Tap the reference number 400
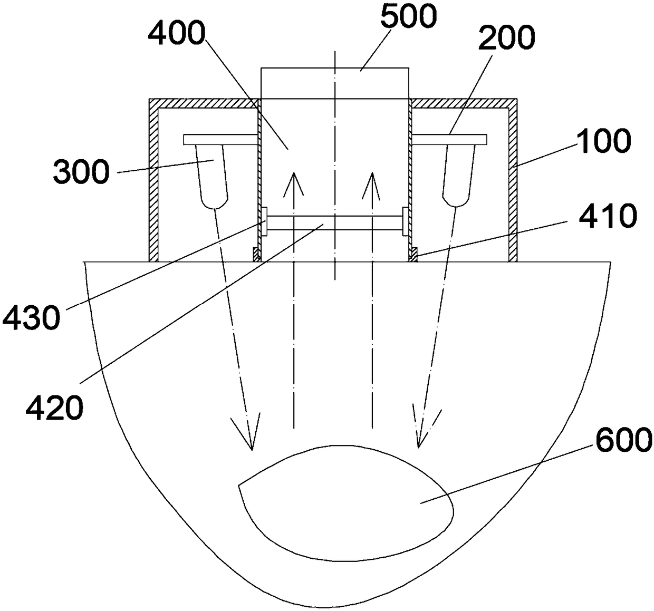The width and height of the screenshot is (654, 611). pos(176,35)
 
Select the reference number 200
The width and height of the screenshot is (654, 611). pos(504,38)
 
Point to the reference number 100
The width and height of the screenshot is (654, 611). pos(602,141)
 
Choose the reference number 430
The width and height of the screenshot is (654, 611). pos(31,318)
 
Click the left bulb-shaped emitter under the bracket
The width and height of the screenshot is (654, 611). pos(213,177)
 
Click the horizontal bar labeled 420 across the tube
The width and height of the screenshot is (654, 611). pos(334,222)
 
